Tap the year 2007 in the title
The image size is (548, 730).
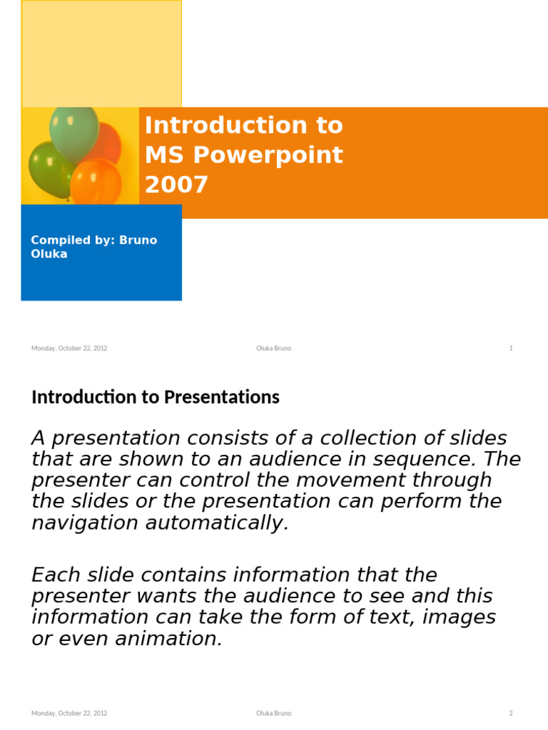click(x=176, y=185)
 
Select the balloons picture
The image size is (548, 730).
click(x=80, y=156)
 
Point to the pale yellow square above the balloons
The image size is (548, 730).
click(x=101, y=53)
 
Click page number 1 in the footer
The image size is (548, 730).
click(x=511, y=349)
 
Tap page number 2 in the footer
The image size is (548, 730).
click(x=511, y=713)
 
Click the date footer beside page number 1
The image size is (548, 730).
click(x=69, y=349)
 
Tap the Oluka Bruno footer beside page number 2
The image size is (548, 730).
click(x=274, y=713)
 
